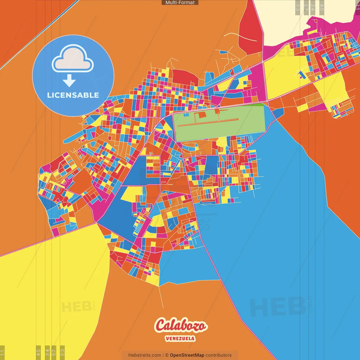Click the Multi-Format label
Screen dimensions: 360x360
[180, 3]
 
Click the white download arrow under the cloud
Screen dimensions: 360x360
[69, 80]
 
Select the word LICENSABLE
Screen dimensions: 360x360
[73, 95]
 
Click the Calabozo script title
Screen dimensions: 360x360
[181, 326]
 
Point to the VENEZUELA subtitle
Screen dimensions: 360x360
[180, 338]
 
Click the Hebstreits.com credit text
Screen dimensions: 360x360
[145, 355]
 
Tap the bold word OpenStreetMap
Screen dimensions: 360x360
[187, 355]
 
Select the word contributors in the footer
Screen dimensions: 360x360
[219, 355]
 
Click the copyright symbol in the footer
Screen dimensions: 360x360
[167, 355]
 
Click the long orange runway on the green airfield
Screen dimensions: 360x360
[208, 122]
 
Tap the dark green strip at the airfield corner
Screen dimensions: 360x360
[260, 105]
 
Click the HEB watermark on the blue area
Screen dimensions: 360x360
[277, 307]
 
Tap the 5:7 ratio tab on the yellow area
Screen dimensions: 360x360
[54, 352]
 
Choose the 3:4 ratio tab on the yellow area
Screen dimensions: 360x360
[47, 352]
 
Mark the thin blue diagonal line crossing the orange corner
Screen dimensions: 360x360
[39, 34]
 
